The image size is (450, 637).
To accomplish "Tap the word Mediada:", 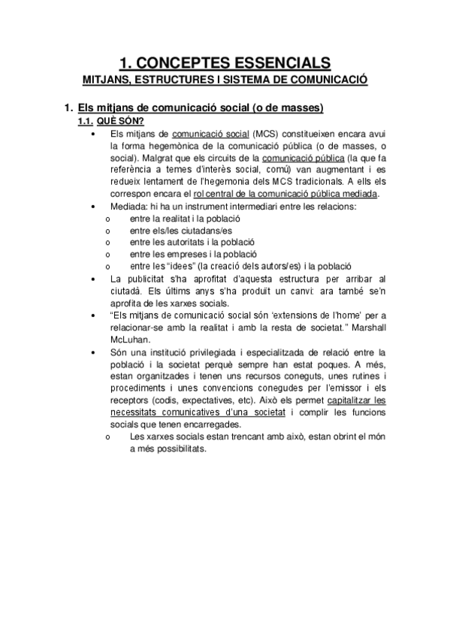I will coord(129,206).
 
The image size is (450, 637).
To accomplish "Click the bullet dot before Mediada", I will coord(92,206).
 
